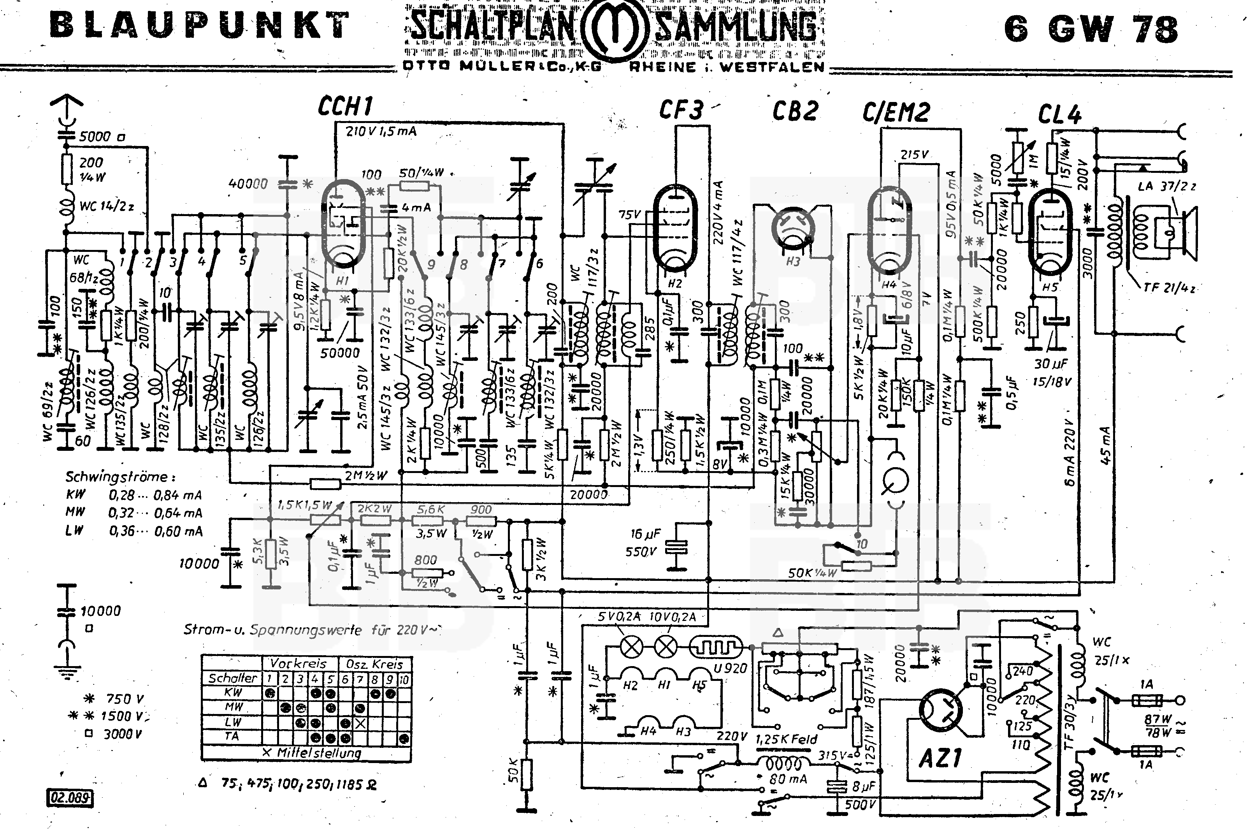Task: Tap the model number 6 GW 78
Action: pos(1091,29)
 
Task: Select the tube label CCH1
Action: pos(345,106)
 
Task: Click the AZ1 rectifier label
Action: pos(940,758)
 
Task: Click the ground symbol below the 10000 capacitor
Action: pos(66,672)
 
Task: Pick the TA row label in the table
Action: pos(232,736)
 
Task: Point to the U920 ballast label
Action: pos(730,668)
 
